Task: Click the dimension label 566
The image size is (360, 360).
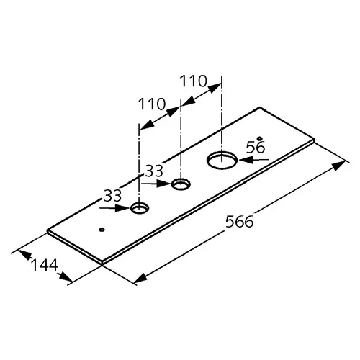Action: pos(239,222)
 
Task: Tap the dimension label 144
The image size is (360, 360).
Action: pos(45,265)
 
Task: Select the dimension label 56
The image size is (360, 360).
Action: pos(256,147)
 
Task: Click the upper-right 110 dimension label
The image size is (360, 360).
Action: pos(193,81)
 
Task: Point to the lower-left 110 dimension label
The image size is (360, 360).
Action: pos(152,104)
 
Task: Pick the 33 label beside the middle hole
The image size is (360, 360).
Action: pos(155,171)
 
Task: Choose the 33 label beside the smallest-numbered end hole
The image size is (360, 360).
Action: pos(112,196)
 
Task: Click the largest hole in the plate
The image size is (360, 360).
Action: pos(222,161)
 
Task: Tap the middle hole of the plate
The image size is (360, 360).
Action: pos(181,184)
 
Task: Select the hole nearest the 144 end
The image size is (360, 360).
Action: pos(140,208)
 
